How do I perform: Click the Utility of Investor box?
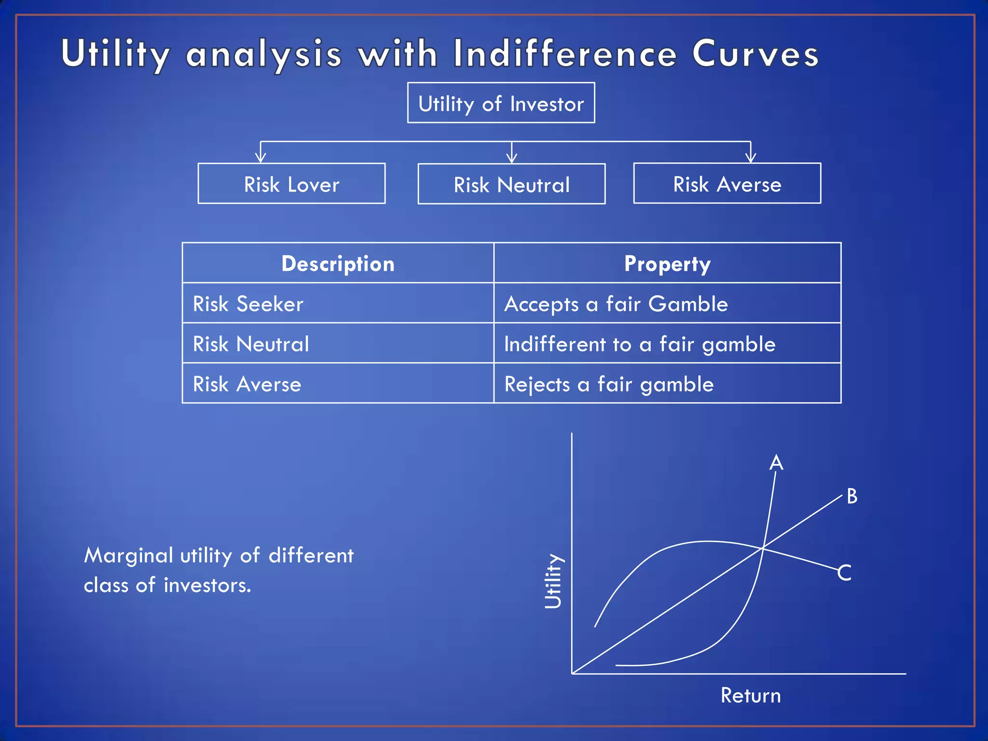(501, 103)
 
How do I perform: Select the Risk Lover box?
(291, 184)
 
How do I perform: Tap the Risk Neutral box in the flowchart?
(511, 184)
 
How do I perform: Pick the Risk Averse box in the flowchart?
(727, 184)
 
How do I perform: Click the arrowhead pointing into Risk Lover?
(261, 157)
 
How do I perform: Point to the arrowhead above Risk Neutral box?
(512, 158)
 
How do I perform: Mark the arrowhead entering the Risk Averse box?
(751, 157)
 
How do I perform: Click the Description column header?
(338, 263)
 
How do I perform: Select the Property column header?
(667, 263)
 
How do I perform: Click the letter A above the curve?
(776, 463)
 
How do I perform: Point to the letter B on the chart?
(852, 496)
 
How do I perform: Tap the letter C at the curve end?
(844, 573)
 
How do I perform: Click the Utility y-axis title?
(553, 581)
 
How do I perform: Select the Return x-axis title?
(751, 696)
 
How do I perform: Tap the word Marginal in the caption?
(128, 555)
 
